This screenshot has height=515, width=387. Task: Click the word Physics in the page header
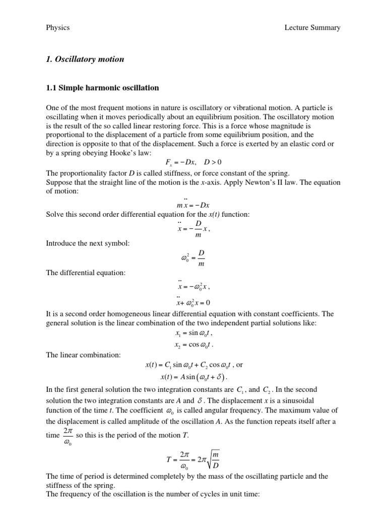(x=57, y=28)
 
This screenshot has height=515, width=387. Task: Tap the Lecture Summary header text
(x=312, y=28)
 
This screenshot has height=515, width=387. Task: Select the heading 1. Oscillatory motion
(x=85, y=59)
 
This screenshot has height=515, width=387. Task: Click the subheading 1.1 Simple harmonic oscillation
(x=102, y=88)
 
